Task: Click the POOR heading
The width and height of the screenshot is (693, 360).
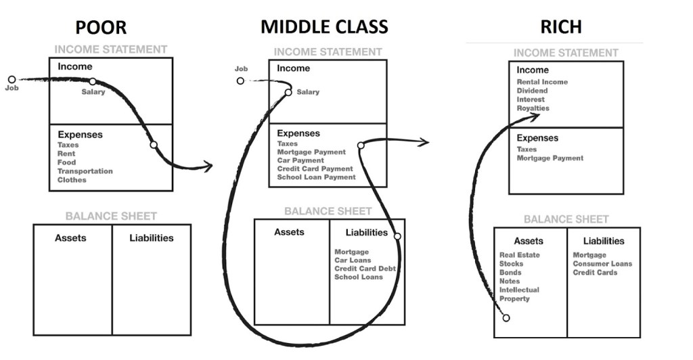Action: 101,27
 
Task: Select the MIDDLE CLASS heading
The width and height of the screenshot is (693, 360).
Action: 324,27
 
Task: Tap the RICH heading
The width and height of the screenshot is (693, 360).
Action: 561,27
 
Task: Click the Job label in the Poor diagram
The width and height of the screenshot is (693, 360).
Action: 12,88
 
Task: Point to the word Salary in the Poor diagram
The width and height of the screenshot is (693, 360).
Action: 93,91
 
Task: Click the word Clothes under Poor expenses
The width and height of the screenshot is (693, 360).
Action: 72,180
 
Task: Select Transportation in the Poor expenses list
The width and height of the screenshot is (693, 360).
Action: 85,171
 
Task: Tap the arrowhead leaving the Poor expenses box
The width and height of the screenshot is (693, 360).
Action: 208,166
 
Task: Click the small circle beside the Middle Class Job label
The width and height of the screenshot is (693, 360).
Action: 240,81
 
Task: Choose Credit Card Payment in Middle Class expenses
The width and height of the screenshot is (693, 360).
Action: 315,169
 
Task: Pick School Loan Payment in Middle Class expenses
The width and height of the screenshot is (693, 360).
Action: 316,177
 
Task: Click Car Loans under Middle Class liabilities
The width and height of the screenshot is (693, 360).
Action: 352,261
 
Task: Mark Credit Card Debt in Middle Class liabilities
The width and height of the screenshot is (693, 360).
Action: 365,269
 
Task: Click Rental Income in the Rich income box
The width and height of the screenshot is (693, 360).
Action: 542,82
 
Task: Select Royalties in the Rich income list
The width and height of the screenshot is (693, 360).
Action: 533,108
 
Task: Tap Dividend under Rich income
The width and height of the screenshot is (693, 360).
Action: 533,91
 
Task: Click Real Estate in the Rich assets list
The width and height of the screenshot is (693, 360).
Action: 520,255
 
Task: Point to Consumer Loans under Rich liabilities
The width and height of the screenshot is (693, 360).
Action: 602,264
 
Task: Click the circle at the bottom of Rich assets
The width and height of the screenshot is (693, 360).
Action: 506,317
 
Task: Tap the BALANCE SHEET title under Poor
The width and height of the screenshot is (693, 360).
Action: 111,217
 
